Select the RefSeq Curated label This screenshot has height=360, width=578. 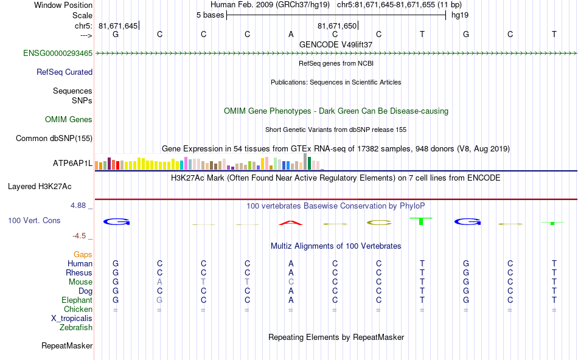(x=64, y=72)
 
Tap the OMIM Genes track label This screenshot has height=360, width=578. (x=69, y=120)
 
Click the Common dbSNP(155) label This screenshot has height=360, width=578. (x=54, y=139)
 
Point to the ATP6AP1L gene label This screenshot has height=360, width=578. (x=73, y=164)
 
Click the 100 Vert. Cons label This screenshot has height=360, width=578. (x=35, y=220)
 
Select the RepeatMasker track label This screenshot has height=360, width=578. (x=67, y=346)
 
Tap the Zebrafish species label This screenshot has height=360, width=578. (x=76, y=328)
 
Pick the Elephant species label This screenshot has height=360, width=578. (x=77, y=300)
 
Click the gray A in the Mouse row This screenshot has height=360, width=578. (x=159, y=282)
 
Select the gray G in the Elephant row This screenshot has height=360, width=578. (x=159, y=300)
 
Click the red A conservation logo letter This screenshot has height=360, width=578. (x=291, y=223)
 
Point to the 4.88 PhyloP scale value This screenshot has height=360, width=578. (x=79, y=206)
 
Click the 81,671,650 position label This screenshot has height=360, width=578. (x=336, y=26)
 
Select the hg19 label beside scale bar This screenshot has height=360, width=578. (x=459, y=15)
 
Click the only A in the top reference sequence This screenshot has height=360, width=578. (x=291, y=35)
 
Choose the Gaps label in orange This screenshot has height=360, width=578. (x=83, y=255)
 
